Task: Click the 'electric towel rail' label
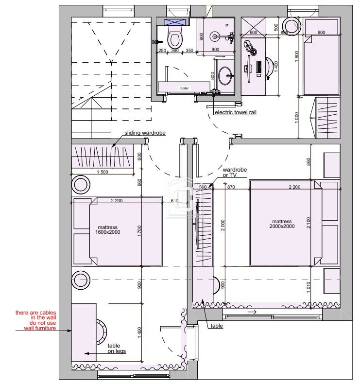pos(236,112)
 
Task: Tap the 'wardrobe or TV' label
pos(235,173)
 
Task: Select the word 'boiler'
pos(184,88)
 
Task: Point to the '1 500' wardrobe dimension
pos(102,172)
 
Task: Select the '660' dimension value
pos(139,182)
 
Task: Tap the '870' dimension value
pos(231,187)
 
